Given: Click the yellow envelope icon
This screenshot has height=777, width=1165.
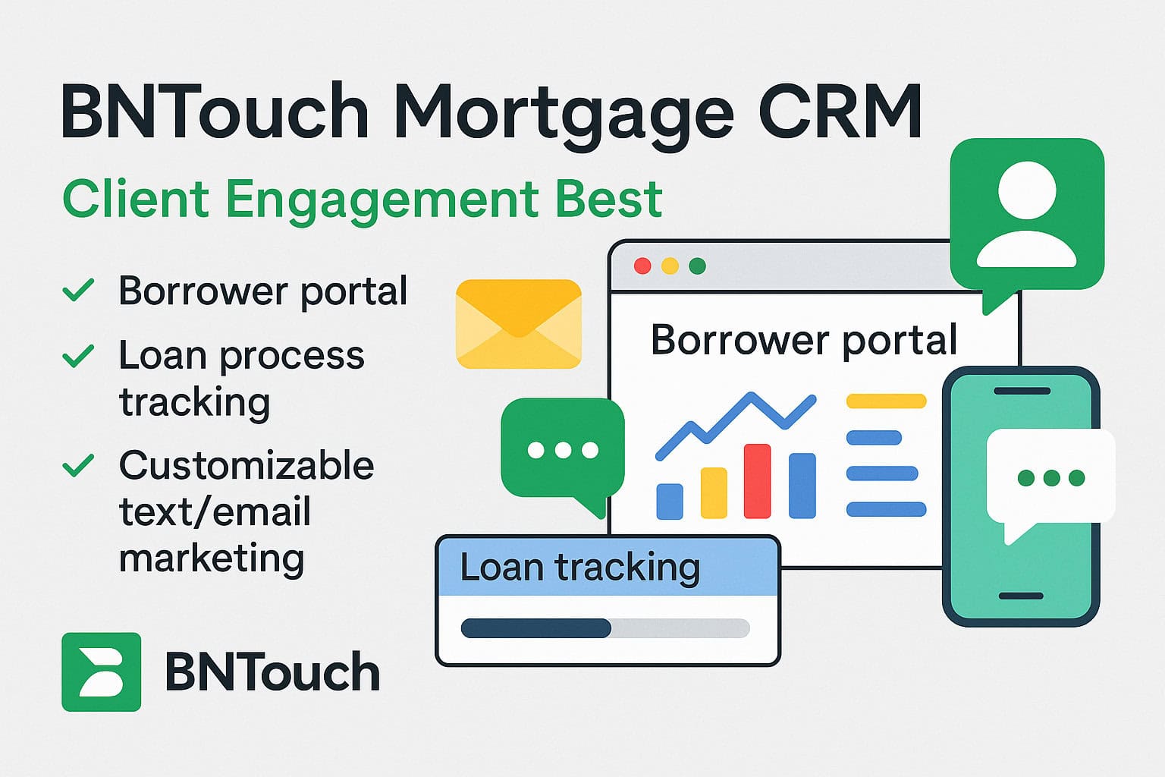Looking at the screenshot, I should [518, 324].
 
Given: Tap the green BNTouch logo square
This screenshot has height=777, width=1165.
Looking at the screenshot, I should [101, 672].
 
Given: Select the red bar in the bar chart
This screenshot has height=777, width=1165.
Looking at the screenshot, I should [757, 481].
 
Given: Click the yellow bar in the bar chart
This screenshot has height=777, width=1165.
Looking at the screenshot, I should [713, 493].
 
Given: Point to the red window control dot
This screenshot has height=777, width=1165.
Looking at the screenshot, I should [642, 266].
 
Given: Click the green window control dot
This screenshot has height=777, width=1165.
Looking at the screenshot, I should [697, 266].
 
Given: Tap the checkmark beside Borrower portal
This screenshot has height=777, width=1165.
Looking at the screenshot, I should [78, 290].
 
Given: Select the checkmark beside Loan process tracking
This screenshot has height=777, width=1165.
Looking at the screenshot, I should [78, 355].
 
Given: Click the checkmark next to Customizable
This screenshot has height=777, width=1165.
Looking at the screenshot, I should [78, 464].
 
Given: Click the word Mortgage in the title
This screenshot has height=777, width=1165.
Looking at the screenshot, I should [564, 114].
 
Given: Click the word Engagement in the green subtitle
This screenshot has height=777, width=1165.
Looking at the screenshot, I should [382, 200].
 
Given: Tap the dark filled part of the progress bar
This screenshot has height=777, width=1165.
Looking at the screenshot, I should [535, 628].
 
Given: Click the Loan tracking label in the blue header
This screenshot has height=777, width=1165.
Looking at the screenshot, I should [579, 567].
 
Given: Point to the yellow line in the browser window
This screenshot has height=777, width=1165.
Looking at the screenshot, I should [886, 401].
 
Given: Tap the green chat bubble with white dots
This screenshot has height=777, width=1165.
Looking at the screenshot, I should [563, 449].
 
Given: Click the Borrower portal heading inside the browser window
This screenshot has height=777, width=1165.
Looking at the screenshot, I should [804, 340].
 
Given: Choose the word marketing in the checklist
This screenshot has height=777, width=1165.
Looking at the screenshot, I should [212, 558].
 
